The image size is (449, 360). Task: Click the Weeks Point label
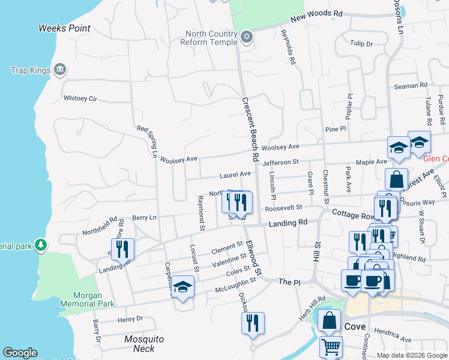[x=64, y=28]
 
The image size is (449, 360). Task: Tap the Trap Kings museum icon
[x=59, y=70]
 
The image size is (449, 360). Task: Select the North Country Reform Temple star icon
[x=246, y=38]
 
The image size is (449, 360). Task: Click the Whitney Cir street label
[x=80, y=98]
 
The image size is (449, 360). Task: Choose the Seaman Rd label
[x=411, y=86]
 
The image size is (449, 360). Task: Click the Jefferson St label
[x=280, y=162]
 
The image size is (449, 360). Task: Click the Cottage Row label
[x=352, y=214]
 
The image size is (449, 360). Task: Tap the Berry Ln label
[x=144, y=217]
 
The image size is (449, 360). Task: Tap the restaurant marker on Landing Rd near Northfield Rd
[x=122, y=248]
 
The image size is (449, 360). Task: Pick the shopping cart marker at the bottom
[x=331, y=346]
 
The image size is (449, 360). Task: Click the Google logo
[x=20, y=353]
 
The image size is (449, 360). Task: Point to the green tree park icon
[x=40, y=245]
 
